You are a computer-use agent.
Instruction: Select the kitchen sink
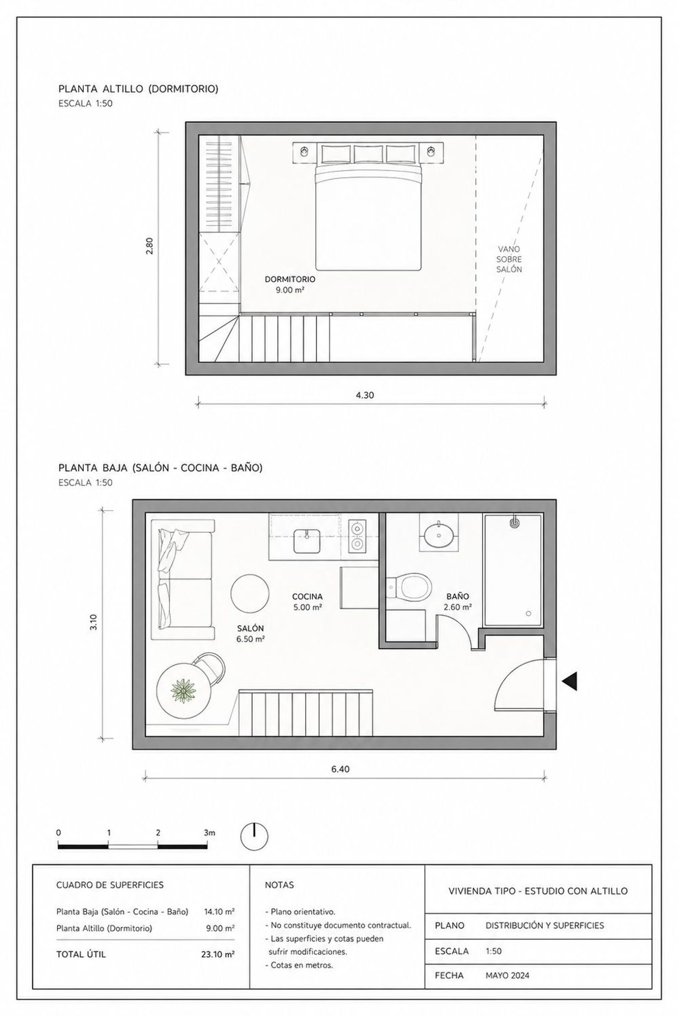pyautogui.click(x=307, y=541)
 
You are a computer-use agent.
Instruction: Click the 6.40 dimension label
pyautogui.click(x=340, y=769)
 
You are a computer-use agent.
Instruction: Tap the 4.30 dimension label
pyautogui.click(x=365, y=395)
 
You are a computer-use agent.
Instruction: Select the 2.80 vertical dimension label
pyautogui.click(x=150, y=246)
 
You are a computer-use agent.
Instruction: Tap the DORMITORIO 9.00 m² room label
pyautogui.click(x=290, y=284)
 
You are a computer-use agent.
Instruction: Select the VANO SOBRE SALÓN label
pyautogui.click(x=509, y=259)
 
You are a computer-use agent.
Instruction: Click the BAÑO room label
pyautogui.click(x=457, y=597)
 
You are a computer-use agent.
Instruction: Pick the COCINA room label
pyautogui.click(x=307, y=597)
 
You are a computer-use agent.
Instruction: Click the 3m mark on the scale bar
pyautogui.click(x=209, y=833)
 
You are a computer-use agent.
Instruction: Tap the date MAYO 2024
pyautogui.click(x=507, y=988)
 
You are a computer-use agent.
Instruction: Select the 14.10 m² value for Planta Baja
pyautogui.click(x=219, y=912)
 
